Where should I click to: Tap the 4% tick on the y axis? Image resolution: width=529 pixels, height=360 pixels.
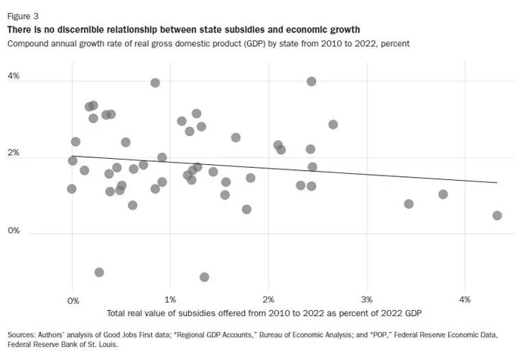(14, 77)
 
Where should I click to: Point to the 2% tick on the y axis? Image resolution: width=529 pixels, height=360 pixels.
(14, 154)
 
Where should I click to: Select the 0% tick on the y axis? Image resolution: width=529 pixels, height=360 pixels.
(14, 231)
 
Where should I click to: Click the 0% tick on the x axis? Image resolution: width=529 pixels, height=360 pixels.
(73, 300)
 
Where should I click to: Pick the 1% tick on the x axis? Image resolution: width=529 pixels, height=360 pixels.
(171, 300)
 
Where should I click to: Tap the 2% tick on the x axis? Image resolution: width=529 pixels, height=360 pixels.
(269, 300)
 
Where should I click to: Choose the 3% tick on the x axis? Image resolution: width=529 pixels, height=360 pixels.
(367, 300)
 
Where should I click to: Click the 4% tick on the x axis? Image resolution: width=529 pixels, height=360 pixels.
(466, 300)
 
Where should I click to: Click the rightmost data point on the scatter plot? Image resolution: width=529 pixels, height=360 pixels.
(497, 216)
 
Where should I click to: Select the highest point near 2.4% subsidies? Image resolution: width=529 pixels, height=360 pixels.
(311, 81)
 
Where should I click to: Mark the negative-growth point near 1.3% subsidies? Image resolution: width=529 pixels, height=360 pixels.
(204, 278)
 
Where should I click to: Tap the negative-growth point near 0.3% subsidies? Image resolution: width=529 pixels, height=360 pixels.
(99, 272)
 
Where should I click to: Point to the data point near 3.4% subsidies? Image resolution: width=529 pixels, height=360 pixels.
(409, 204)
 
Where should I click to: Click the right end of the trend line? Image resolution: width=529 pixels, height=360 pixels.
(497, 182)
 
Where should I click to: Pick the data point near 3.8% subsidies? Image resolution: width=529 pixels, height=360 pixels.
(443, 194)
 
